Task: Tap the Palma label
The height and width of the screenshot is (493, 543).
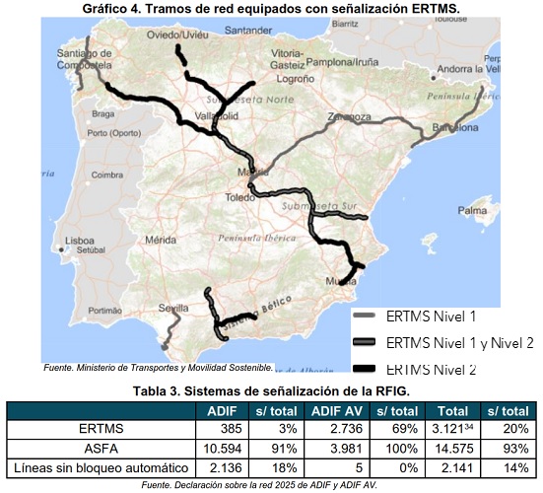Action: coord(473,210)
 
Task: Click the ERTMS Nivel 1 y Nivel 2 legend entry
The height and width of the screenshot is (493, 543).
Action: coord(459,343)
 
